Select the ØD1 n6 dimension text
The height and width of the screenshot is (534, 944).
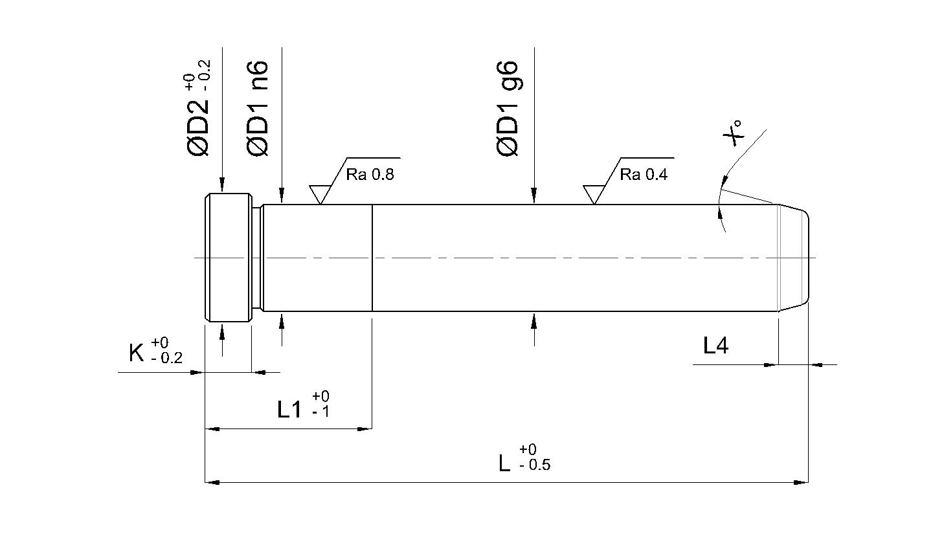(256, 109)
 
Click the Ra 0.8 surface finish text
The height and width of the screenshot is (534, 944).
(370, 174)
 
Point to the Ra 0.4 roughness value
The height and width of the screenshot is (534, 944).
(644, 174)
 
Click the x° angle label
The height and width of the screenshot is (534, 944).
(732, 133)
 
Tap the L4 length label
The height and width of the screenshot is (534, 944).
(715, 346)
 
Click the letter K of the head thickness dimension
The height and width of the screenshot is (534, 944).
(137, 353)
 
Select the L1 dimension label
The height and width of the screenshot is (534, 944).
(289, 409)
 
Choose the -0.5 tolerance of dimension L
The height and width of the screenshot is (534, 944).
(535, 465)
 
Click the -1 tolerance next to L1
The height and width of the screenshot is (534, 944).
(320, 412)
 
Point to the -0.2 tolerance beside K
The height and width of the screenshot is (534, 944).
(167, 358)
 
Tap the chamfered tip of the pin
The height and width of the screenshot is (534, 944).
(793, 258)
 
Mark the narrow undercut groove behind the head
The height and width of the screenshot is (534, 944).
(258, 258)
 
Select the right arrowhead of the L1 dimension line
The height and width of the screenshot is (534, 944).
(365, 429)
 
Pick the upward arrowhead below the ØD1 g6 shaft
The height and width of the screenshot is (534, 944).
(534, 320)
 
